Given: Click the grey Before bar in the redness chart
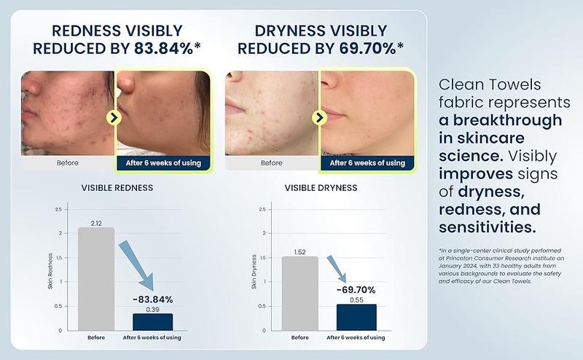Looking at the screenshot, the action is (x=96, y=279).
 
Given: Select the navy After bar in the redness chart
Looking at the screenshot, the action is (x=153, y=322).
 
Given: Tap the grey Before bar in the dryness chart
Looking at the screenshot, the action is (x=300, y=294).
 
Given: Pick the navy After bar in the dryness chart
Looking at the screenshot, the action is (x=356, y=317).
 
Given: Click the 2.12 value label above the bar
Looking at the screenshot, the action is (x=96, y=223).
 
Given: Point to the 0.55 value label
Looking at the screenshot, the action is (x=356, y=300).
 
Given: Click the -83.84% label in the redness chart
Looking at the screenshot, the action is (x=153, y=300).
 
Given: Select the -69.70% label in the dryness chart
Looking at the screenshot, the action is (x=356, y=290).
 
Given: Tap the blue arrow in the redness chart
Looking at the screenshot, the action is (x=136, y=265).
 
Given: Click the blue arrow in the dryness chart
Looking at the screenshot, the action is (x=337, y=269).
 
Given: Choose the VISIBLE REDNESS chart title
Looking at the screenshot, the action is (x=117, y=188).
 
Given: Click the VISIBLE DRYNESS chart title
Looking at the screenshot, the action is (x=321, y=188).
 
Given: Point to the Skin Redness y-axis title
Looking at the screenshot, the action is (x=50, y=271).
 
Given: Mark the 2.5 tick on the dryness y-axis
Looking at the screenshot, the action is (x=262, y=209).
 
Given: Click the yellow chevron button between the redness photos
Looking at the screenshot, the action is (x=114, y=117).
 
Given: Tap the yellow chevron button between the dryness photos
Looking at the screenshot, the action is (x=319, y=118).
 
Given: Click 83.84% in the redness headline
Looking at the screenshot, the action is (x=163, y=49).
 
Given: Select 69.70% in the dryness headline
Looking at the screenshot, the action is (x=367, y=49).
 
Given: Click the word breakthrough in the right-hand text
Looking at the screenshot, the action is (x=507, y=120).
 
